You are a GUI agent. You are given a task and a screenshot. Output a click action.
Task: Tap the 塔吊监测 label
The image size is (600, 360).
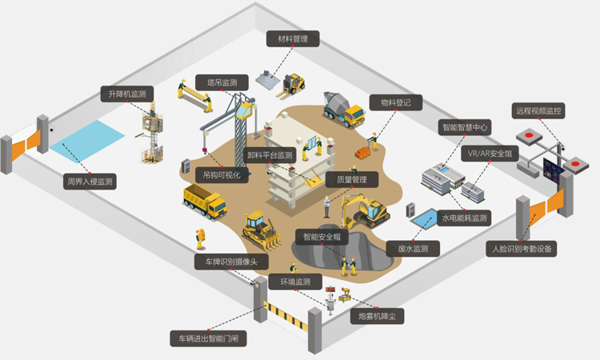222,82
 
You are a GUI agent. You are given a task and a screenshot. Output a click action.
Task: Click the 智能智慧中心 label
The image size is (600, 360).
465,127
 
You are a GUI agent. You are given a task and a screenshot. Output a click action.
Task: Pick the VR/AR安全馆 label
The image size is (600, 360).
490,152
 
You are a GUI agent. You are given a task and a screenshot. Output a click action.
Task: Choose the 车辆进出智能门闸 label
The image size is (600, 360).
207,338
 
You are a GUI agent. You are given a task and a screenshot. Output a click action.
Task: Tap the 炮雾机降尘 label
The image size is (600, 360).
377,317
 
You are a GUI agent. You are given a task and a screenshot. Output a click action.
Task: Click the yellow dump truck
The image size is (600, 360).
205,201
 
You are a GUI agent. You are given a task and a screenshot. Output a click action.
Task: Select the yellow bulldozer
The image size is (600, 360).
261,229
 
